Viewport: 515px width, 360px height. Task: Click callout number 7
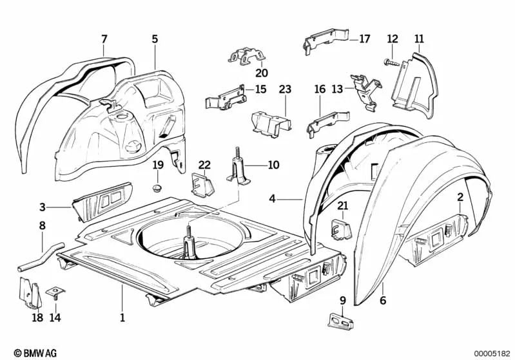point(104,39)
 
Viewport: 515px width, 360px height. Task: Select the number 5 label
point(155,39)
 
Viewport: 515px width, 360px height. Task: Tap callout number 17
point(364,39)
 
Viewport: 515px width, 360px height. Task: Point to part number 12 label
point(392,39)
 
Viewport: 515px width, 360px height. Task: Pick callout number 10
point(273,165)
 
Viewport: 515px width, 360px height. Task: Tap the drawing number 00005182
point(491,352)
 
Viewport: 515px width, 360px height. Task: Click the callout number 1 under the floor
point(122,317)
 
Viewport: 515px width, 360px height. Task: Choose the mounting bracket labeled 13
point(365,88)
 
